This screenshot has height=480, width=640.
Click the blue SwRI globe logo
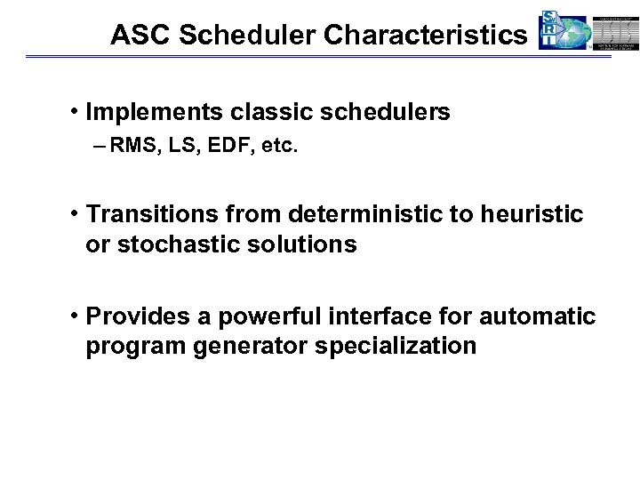(564, 32)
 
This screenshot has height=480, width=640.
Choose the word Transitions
(153, 215)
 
